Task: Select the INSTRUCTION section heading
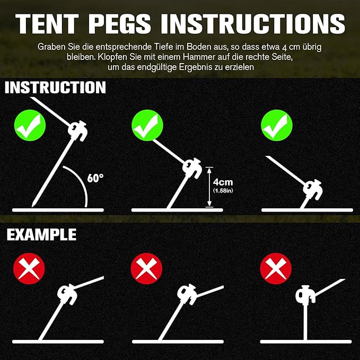click(x=55, y=87)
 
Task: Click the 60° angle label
click(x=95, y=178)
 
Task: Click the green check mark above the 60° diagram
click(x=30, y=126)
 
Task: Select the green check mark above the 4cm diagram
click(x=147, y=126)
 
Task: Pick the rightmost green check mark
click(x=277, y=126)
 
